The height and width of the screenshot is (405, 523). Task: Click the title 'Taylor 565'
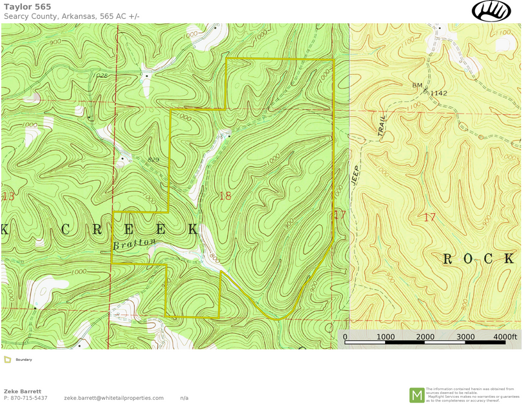pos(27,6)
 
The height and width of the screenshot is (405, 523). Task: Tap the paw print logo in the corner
pos(491,10)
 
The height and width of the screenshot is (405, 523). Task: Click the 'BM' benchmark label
pos(417,86)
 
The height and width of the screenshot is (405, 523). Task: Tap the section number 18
pos(225,196)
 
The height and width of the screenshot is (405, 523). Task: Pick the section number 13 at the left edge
pos(8,196)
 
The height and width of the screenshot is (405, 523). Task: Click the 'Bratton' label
pos(135,244)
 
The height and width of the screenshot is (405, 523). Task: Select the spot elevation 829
pos(153,159)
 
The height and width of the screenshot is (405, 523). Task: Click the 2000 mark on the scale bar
pos(425,337)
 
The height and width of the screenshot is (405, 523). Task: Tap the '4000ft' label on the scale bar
pos(505,337)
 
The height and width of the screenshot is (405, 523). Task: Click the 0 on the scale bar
pos(345,337)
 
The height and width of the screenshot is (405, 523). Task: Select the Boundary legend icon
pos(7,360)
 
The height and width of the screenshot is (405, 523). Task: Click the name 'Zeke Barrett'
pos(23,391)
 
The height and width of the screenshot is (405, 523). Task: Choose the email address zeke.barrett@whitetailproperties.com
pos(114,398)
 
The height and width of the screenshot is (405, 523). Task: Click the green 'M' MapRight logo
pos(417,395)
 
